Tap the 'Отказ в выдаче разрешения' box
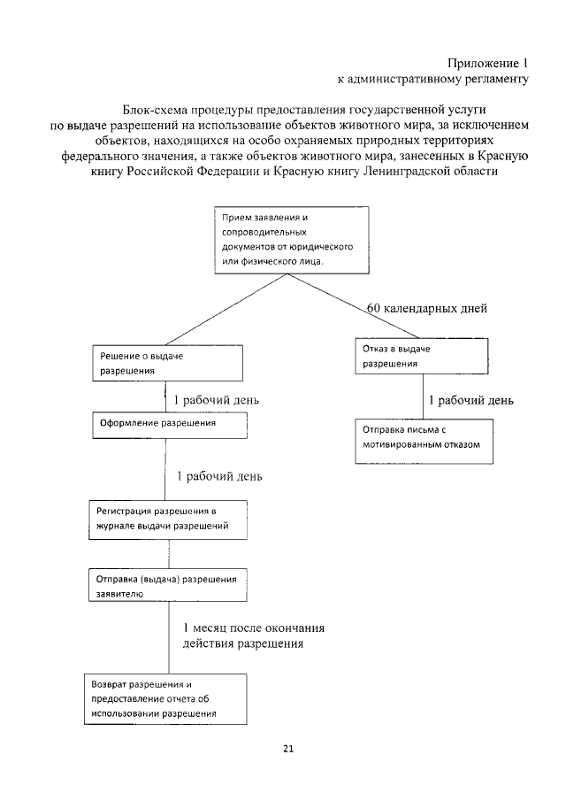[x=421, y=357]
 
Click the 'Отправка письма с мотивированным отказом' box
[x=421, y=438]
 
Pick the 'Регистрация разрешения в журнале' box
[x=166, y=519]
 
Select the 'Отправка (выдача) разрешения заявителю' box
[x=166, y=587]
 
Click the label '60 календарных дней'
[x=427, y=309]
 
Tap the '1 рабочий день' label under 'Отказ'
[x=470, y=400]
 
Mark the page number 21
[x=288, y=749]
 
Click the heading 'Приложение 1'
[x=487, y=63]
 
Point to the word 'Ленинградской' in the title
[x=403, y=173]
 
